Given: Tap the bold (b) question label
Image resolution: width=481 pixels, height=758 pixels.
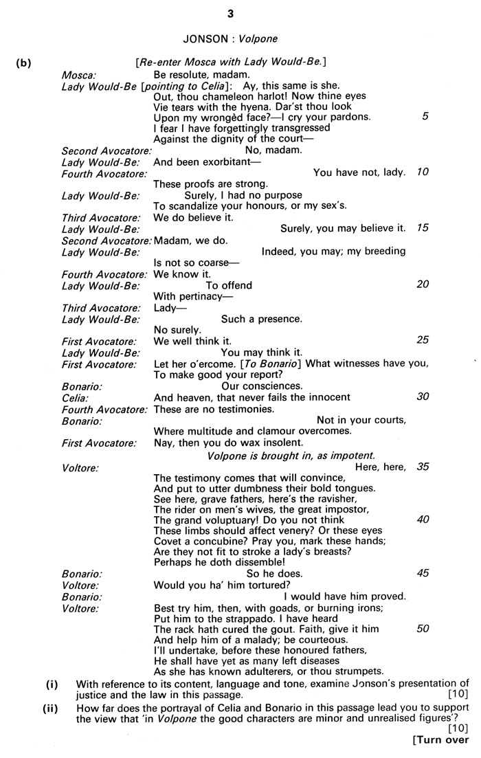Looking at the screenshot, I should pos(25,63).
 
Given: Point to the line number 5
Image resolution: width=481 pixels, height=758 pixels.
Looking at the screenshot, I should pos(425,117).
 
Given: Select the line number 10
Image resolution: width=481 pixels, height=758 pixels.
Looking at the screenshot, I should pos(423,172).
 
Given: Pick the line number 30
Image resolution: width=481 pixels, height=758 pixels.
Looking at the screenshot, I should pos(423,397).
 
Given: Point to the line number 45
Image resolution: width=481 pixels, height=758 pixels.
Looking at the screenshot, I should pos(423,572).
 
